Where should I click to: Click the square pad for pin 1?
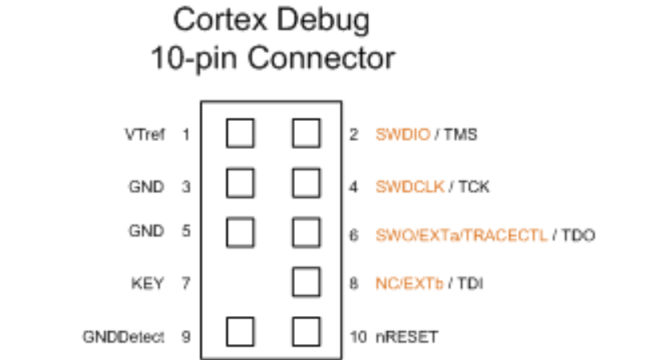click(240, 133)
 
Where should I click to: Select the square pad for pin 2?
click(306, 133)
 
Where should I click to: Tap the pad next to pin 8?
click(306, 281)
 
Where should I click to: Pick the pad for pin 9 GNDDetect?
click(240, 330)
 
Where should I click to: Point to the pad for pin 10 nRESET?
click(306, 330)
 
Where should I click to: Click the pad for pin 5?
click(240, 232)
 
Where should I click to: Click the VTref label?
click(146, 135)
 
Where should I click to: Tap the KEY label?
click(148, 283)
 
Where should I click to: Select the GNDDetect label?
click(123, 337)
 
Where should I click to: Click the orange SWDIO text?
click(402, 135)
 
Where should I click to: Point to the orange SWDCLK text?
click(409, 188)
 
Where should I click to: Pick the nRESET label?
click(407, 337)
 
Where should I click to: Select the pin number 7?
click(186, 283)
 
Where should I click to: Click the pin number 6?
click(354, 236)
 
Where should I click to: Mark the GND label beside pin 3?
click(146, 188)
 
